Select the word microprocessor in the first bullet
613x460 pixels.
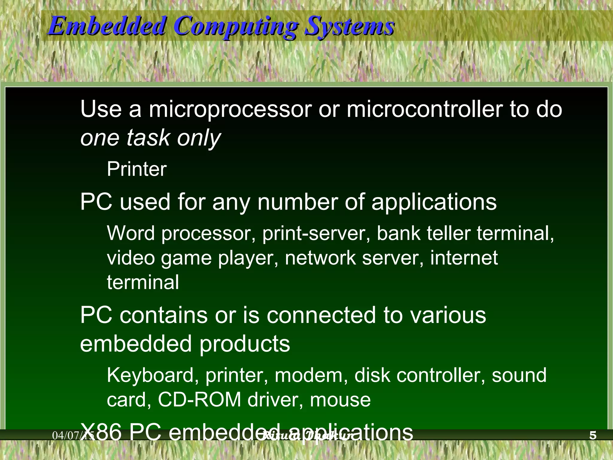230,109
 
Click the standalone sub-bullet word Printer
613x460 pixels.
136,169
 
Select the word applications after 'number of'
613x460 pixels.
434,202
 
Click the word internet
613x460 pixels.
464,258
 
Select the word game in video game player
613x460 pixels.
186,258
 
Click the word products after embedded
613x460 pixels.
245,344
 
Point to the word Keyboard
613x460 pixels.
150,376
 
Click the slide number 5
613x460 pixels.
593,435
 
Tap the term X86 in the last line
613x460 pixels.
102,432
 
